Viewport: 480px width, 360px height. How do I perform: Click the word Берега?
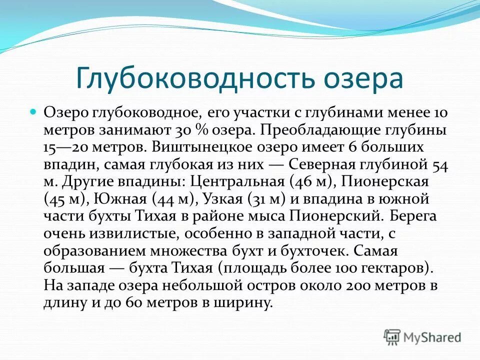415,216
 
